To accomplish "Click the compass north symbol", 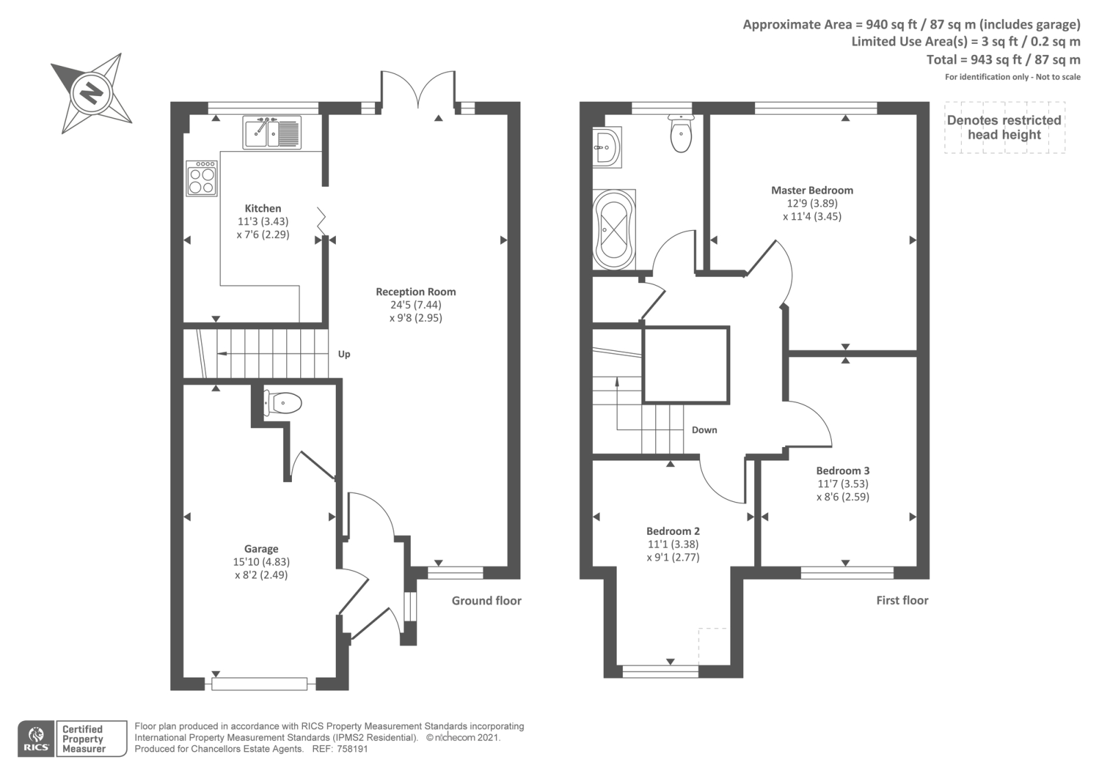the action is [x=92, y=93].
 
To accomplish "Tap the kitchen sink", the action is [x=272, y=133].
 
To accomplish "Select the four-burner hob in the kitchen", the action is [x=202, y=179].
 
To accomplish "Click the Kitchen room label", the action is [x=263, y=209].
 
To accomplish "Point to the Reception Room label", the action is [x=416, y=292].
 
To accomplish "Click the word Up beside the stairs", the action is [x=344, y=354].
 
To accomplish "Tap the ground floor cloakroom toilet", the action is [x=282, y=403].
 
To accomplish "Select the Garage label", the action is [x=262, y=549].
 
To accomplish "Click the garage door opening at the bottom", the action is [x=260, y=684].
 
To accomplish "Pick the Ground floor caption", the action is [x=487, y=601].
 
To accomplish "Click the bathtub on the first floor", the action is [x=614, y=229].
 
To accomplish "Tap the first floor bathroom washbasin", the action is [x=607, y=147].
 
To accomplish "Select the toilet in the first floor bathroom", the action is [x=681, y=133].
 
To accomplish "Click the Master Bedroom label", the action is [x=812, y=190].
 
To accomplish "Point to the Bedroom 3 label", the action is [x=843, y=471].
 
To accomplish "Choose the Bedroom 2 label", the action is [x=673, y=532].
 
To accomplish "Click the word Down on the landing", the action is [x=705, y=430].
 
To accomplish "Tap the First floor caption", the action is [x=903, y=600].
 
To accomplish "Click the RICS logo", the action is [x=36, y=739].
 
